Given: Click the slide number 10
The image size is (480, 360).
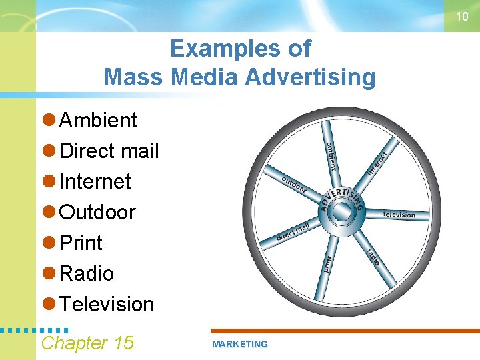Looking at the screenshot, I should [462, 17].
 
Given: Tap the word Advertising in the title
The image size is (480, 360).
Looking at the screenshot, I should [310, 77].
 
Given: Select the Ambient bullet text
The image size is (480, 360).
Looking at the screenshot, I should [98, 121].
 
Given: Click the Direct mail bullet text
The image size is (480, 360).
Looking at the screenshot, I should [109, 151].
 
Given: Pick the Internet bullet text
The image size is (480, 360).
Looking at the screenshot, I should [95, 182].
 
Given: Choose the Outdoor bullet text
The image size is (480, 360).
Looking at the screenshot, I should [97, 213].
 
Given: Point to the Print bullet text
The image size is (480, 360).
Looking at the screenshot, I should [81, 243].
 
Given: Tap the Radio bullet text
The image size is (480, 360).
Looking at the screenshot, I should [87, 274].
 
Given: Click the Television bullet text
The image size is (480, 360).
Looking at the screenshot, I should [107, 305].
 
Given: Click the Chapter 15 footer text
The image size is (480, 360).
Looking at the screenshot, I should [87, 343].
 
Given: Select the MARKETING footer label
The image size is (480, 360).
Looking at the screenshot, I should [239, 345].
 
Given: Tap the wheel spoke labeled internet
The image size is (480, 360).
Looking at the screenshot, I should [377, 161].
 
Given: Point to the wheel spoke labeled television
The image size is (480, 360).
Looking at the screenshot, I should [398, 214].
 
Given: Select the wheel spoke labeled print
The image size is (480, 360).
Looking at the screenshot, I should [327, 264].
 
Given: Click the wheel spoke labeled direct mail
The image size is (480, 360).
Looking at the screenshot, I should [294, 231].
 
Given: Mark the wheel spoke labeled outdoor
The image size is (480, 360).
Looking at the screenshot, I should [294, 184].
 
